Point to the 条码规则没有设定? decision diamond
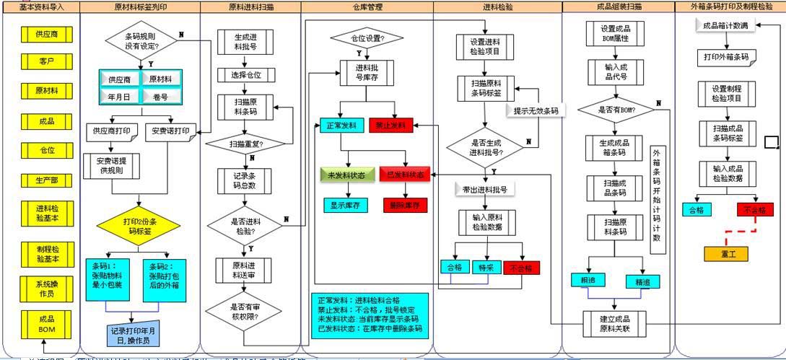point(142,40)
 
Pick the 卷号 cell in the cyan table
point(160,97)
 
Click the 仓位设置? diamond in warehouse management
point(367,38)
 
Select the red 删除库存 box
point(404,206)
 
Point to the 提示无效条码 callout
point(536,111)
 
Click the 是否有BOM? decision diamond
point(615,110)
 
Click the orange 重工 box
point(726,254)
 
